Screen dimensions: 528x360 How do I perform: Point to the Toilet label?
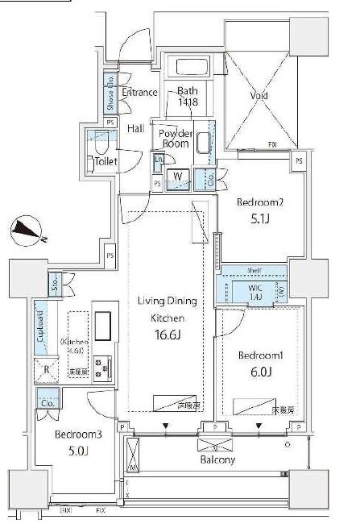tap(106, 161)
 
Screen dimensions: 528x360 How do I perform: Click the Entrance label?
tap(139, 93)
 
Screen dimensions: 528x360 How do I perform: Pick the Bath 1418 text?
tap(187, 98)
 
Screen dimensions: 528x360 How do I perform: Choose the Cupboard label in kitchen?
tap(40, 331)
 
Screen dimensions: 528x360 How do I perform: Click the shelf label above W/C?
tap(254, 270)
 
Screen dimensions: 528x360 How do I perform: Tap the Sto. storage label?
tap(54, 283)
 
